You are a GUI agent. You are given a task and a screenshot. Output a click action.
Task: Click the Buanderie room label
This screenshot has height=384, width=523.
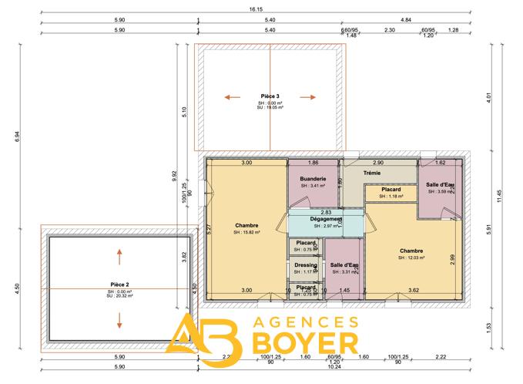pos(313,178)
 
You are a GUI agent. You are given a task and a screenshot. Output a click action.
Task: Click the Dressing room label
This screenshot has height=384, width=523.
pos(306,265)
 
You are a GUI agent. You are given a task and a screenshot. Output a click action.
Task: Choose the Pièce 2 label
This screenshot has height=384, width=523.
pos(119,283)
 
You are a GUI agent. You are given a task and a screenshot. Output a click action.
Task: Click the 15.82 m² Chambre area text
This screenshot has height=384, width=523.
pos(247,231)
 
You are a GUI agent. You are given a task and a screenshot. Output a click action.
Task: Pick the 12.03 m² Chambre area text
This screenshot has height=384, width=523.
pos(412,258)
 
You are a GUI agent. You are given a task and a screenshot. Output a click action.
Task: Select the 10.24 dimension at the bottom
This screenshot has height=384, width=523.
pos(334,366)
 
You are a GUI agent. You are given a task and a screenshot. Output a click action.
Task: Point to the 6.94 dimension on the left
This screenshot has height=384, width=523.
pos(17,134)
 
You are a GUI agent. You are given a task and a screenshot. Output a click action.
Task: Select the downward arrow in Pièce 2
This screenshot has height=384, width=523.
pos(119,319)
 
